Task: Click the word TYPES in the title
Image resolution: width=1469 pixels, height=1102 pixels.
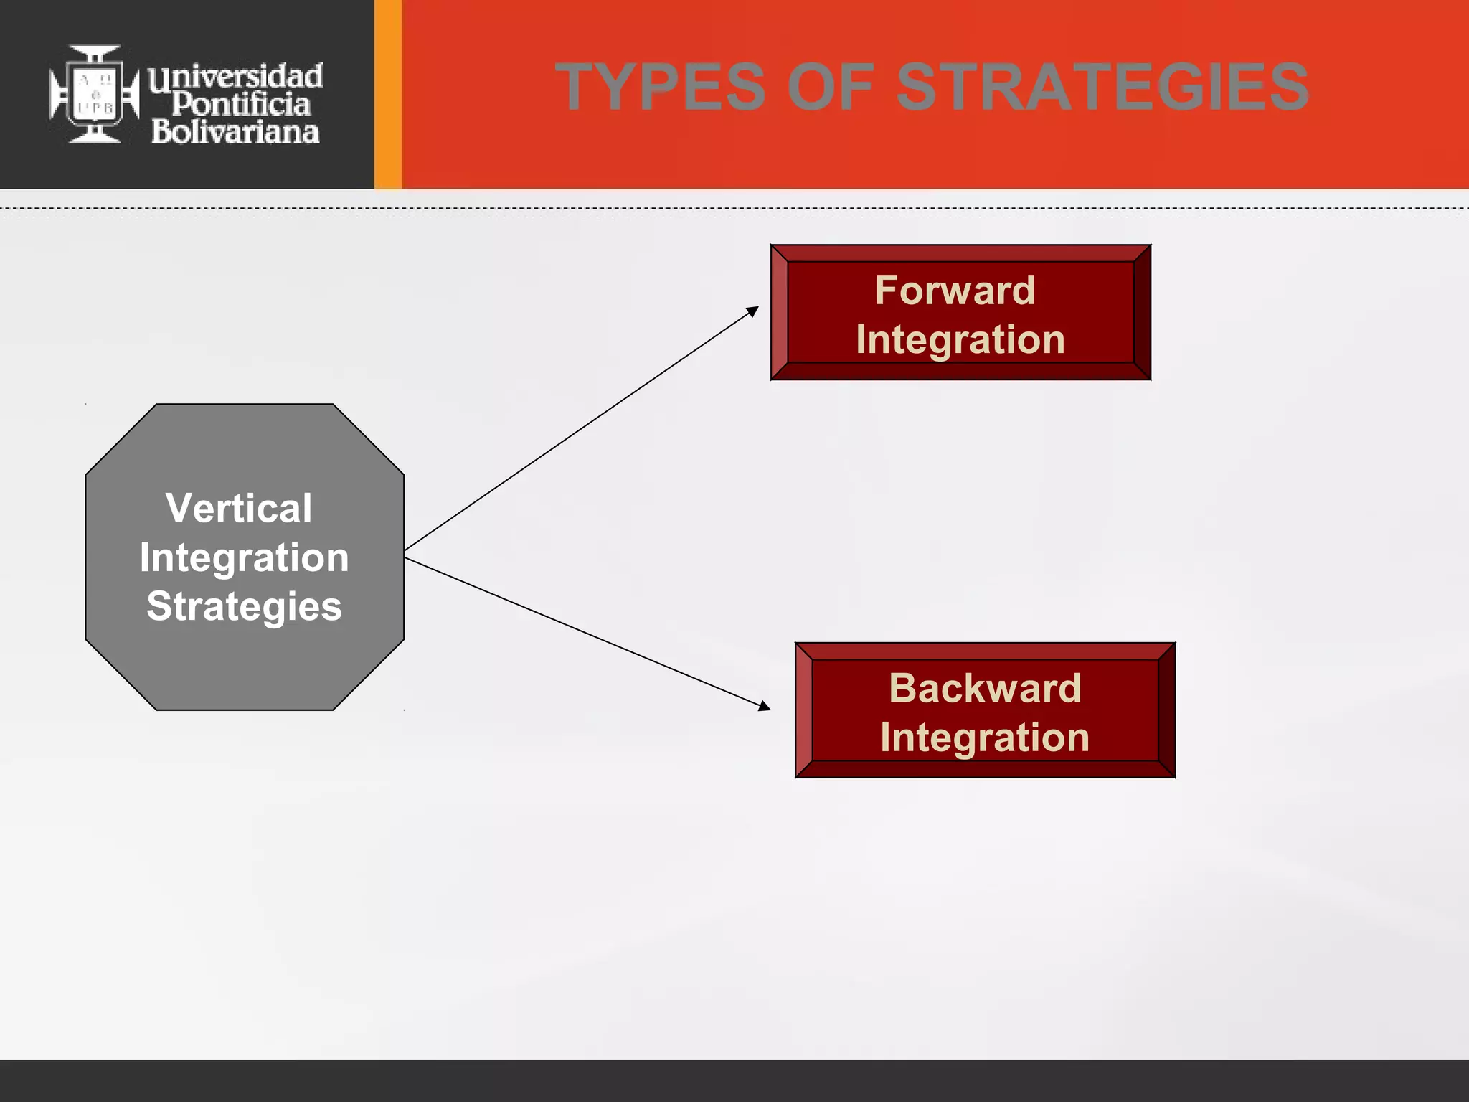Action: click(x=661, y=87)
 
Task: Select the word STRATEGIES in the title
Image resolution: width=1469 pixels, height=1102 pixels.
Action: click(x=1102, y=87)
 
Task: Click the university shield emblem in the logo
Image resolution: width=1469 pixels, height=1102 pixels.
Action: click(x=95, y=94)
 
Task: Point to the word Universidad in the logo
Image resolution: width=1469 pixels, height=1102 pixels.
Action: click(x=236, y=76)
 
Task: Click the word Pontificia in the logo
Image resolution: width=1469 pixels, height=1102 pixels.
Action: click(x=241, y=105)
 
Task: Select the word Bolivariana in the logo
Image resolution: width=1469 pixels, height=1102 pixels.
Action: click(x=235, y=132)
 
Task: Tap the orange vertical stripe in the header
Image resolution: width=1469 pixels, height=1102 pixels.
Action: click(x=388, y=94)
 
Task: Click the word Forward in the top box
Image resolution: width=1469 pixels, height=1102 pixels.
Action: click(x=955, y=291)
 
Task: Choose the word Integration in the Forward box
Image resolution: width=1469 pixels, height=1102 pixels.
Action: click(x=960, y=339)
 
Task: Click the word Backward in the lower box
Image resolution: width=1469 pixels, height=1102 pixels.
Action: click(x=985, y=688)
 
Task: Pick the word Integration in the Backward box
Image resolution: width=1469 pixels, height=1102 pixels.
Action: click(x=985, y=738)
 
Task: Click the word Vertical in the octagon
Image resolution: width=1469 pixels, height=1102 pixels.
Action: click(x=239, y=508)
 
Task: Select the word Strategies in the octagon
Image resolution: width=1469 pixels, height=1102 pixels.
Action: click(x=244, y=606)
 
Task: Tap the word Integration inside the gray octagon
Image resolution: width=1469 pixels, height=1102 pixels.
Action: click(x=244, y=557)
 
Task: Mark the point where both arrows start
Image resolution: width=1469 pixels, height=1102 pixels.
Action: click(x=406, y=554)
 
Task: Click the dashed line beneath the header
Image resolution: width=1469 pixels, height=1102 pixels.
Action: click(x=734, y=209)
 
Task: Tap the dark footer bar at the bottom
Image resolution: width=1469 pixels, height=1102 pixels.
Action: click(x=734, y=1080)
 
